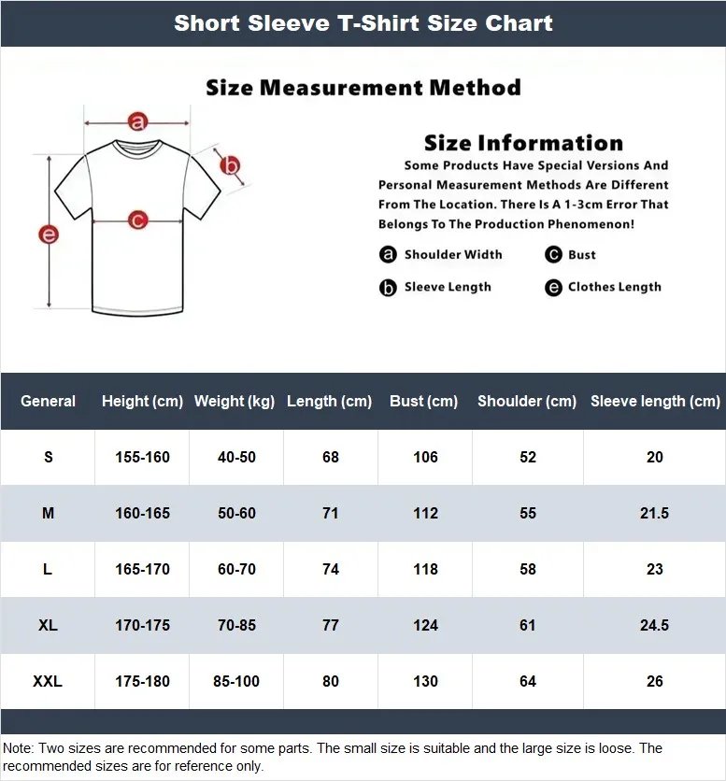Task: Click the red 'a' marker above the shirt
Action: click(138, 121)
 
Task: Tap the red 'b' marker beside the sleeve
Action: click(230, 166)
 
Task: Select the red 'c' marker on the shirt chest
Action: click(138, 220)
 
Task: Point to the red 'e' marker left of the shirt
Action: click(49, 234)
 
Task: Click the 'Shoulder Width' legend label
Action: click(452, 254)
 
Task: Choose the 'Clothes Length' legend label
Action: click(614, 287)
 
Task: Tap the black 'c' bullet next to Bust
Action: click(553, 255)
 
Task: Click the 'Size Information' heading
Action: click(523, 143)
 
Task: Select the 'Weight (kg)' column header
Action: click(235, 401)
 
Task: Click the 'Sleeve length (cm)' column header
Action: click(655, 401)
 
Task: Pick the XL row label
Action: click(48, 625)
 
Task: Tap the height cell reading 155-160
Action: click(142, 457)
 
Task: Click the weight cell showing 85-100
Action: click(236, 681)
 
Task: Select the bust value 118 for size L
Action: click(425, 569)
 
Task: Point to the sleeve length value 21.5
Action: click(654, 513)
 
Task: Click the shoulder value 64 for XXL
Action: click(528, 681)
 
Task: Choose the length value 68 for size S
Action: click(330, 457)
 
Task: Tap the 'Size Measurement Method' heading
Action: click(363, 88)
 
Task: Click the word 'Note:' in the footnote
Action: click(19, 748)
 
